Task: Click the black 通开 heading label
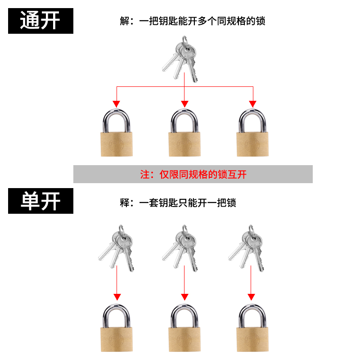[x=40, y=20]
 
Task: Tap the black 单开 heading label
[x=40, y=201]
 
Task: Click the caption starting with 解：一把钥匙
[x=193, y=21]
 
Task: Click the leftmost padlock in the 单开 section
[x=117, y=328]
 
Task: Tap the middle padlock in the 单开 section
[x=184, y=328]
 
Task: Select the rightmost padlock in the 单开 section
[x=252, y=328]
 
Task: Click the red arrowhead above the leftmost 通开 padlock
[x=117, y=104]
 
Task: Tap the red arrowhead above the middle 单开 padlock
[x=184, y=297]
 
